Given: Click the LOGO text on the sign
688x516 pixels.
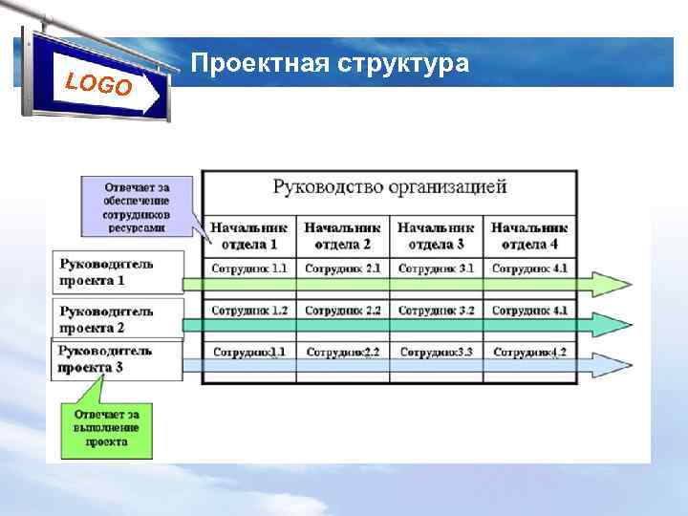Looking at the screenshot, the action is click(x=99, y=83).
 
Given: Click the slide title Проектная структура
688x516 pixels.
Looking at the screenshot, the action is click(x=330, y=64).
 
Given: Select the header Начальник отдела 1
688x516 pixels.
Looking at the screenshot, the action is click(x=248, y=235).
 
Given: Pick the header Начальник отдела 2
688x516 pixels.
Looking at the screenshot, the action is click(x=343, y=235).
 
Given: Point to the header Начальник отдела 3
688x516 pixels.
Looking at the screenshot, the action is click(x=436, y=235).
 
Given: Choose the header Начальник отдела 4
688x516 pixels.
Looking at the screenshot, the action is click(x=529, y=235).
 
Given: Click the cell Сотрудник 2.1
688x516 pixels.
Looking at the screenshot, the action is click(x=343, y=269).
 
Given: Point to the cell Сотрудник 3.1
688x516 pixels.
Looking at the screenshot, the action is click(x=436, y=269).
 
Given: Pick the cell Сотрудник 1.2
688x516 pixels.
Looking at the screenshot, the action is click(x=248, y=311).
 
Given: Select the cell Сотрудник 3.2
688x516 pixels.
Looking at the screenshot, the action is click(x=436, y=311).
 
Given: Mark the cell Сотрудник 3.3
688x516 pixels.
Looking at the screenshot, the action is click(x=436, y=353).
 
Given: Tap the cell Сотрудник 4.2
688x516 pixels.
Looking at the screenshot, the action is click(x=529, y=353).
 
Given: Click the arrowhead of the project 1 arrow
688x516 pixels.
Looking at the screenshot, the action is click(x=612, y=284).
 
